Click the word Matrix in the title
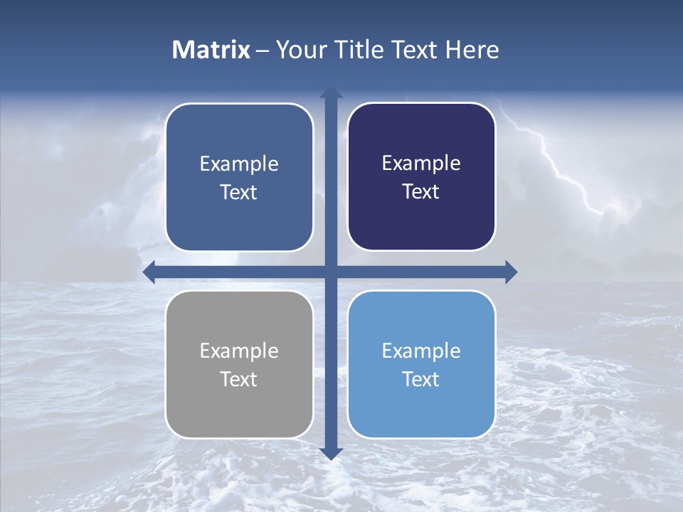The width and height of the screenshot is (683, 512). (x=211, y=50)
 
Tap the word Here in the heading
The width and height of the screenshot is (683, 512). (x=472, y=50)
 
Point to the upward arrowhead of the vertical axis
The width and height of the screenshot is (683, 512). (x=331, y=92)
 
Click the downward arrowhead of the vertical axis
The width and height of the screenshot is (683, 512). (x=331, y=453)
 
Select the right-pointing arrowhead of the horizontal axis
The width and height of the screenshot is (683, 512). (x=511, y=272)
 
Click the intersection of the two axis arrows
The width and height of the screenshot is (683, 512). (x=331, y=272)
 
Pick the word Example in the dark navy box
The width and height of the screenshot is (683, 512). (x=421, y=164)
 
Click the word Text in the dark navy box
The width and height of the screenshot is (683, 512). (x=421, y=192)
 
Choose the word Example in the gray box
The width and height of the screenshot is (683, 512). (x=239, y=351)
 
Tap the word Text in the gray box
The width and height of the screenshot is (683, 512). (x=239, y=379)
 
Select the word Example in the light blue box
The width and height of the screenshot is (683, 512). (x=421, y=351)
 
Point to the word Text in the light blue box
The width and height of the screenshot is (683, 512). (x=421, y=379)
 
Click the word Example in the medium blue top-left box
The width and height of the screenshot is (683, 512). (x=239, y=164)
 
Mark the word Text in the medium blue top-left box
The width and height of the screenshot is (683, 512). (x=239, y=193)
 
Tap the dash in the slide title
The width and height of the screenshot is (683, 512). (x=263, y=50)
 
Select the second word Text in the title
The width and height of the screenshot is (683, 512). (x=413, y=50)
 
